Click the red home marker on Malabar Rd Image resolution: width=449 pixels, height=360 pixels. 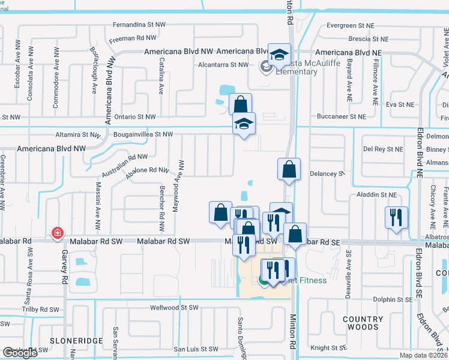(58, 233)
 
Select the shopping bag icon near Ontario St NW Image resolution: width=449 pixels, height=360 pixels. (240, 104)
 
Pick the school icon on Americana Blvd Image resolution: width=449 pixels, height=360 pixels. (279, 55)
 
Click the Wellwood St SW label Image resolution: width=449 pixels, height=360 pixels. (173, 308)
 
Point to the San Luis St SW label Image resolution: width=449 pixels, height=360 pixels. (196, 349)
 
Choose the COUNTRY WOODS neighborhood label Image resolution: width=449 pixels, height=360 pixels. (363, 323)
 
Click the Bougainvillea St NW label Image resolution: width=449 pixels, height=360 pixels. (143, 135)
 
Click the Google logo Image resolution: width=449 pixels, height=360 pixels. (20, 353)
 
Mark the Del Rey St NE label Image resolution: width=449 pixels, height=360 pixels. (383, 149)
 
